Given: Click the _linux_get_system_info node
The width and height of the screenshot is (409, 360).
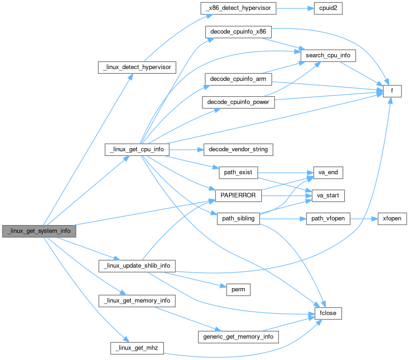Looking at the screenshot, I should coord(39,231).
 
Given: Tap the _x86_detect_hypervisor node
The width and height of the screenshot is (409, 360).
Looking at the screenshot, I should coord(238,8).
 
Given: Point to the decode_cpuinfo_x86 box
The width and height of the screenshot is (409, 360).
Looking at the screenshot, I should coord(238,32).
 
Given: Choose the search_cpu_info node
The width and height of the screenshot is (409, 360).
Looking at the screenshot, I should coord(328,56).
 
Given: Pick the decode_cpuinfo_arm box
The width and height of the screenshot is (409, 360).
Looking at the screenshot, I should coord(238,79).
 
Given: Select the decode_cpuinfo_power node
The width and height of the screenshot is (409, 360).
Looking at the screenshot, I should coord(238,102).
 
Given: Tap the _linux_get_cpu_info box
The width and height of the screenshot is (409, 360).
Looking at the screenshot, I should coord(137,149).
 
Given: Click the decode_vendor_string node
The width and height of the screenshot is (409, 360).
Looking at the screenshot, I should coord(238,149).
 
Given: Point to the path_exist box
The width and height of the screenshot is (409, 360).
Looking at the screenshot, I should coord(238,172).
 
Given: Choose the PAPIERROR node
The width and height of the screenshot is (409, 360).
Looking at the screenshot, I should coord(238,196).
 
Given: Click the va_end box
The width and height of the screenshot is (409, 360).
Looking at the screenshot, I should coord(325,172).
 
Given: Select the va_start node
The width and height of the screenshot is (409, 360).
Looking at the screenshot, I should coord(325,196).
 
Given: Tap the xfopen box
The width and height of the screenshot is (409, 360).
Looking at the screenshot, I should coord(391,219).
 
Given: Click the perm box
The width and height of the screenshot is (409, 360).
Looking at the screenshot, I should coord(238,289).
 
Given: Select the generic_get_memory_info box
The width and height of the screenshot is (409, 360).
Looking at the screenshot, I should coord(238,336).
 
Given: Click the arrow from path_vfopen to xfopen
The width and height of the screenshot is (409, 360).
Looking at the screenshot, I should coord(363,219).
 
